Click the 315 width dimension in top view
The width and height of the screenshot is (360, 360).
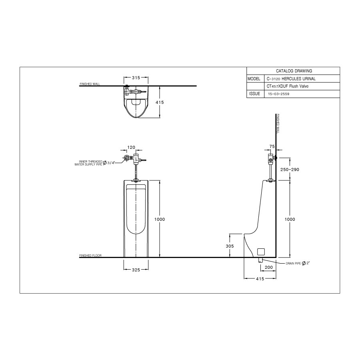[x=136, y=78]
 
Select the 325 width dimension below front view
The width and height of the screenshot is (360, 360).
[x=136, y=270]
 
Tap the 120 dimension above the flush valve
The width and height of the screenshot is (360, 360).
[x=131, y=147]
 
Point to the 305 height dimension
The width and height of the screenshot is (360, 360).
[x=230, y=246]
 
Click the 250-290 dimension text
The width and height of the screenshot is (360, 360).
[x=290, y=169]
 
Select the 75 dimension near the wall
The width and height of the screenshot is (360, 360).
[x=272, y=147]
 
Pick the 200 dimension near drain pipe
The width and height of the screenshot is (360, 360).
[x=269, y=267]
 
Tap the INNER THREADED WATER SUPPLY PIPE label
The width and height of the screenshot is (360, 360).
[x=88, y=163]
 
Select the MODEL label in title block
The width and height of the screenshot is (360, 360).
[x=254, y=79]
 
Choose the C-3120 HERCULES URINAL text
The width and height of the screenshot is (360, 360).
[x=291, y=79]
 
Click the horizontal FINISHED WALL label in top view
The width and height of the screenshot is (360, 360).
[x=90, y=84]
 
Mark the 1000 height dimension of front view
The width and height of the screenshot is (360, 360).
[x=159, y=219]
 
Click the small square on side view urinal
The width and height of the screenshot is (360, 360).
[x=261, y=252]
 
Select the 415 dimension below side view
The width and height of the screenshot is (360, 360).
[x=260, y=279]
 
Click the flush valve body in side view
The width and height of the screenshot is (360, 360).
[x=271, y=160]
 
